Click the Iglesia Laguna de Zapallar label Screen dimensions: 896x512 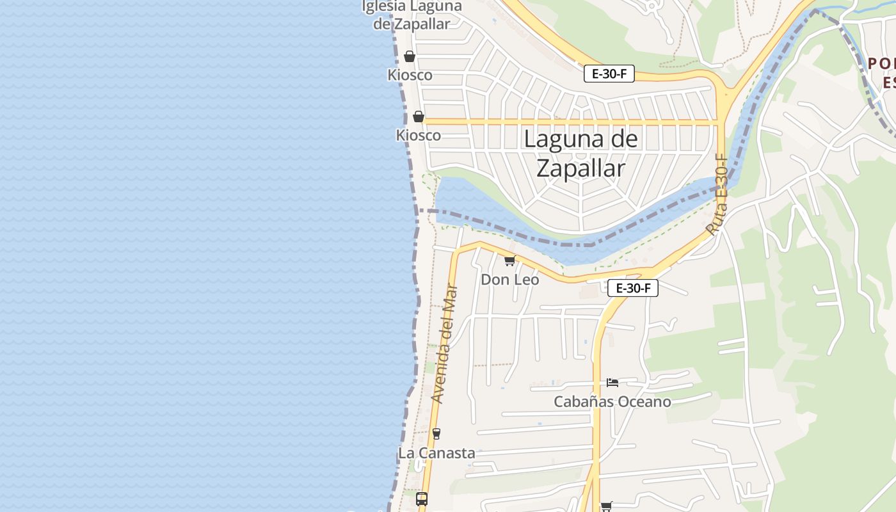pos(412,15)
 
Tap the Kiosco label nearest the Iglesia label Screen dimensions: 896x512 pos(410,75)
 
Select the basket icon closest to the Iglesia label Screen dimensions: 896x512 pos(410,56)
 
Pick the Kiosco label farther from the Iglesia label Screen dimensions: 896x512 pos(419,135)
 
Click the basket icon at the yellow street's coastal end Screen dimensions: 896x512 pos(418,116)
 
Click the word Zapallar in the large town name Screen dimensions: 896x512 pos(580,168)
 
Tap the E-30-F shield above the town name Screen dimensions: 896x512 pos(609,74)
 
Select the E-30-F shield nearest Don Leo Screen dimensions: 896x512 pos(632,288)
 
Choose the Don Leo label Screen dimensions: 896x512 pos(509,280)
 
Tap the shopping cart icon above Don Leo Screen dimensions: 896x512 pos(509,260)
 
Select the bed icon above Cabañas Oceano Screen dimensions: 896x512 pos(612,383)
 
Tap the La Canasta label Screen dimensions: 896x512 pos(436,453)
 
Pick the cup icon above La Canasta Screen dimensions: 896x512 pos(436,434)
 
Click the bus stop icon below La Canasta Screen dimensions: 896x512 pos(422,499)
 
